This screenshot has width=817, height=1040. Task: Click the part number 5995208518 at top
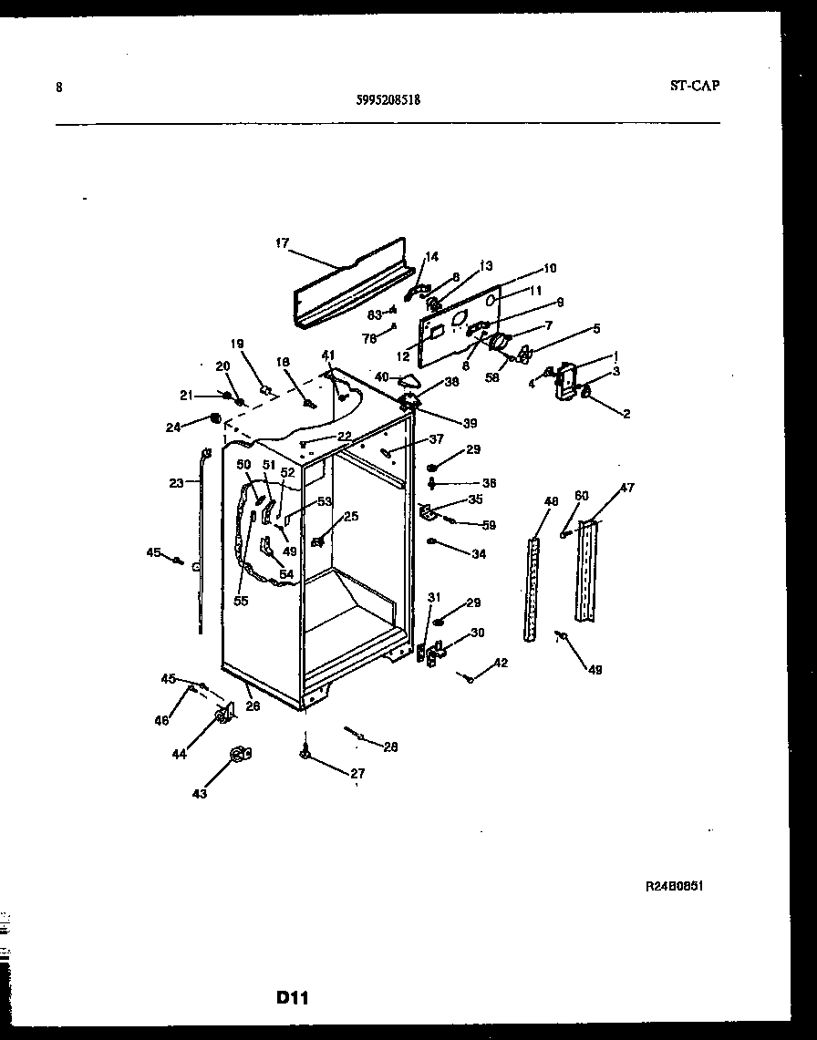click(x=388, y=102)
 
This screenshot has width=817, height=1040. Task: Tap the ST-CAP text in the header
click(x=694, y=86)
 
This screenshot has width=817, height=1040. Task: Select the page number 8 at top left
click(x=59, y=88)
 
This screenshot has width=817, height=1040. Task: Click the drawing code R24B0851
click(x=674, y=885)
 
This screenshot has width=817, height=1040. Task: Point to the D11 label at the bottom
click(x=292, y=998)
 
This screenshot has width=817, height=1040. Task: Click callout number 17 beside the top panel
click(x=282, y=243)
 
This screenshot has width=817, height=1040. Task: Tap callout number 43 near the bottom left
click(x=199, y=793)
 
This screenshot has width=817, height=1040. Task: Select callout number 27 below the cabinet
click(x=357, y=774)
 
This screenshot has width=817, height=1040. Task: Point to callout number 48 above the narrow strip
click(x=551, y=502)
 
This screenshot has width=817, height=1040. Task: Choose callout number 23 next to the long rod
click(x=176, y=483)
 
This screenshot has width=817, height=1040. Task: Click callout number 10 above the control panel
click(x=549, y=269)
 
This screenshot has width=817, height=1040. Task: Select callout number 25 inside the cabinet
click(x=350, y=517)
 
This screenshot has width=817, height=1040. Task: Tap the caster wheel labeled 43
click(x=240, y=753)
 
